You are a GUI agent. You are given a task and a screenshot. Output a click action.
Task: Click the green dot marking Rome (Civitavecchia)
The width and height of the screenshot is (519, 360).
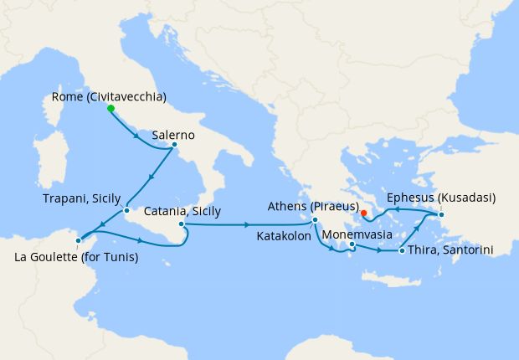pyautogui.click(x=110, y=108)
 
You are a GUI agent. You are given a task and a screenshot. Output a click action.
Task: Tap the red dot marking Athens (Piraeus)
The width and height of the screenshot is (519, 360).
pyautogui.click(x=363, y=213)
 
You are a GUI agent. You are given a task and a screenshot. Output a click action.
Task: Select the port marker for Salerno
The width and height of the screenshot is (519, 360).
pyautogui.click(x=174, y=144)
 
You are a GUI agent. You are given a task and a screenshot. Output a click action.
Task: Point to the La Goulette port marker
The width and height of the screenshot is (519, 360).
pyautogui.click(x=78, y=240)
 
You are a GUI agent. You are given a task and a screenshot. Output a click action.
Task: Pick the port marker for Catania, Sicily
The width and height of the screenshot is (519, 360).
pyautogui.click(x=181, y=224)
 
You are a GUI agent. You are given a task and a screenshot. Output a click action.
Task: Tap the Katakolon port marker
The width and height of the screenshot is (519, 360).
pyautogui.click(x=315, y=220)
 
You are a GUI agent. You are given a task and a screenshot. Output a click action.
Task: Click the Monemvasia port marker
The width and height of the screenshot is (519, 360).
pyautogui.click(x=352, y=244)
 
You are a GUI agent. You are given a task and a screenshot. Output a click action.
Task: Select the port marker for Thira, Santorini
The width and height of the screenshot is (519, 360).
pyautogui.click(x=403, y=250)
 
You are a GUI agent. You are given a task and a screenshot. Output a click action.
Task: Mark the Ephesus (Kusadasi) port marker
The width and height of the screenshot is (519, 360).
pyautogui.click(x=442, y=215)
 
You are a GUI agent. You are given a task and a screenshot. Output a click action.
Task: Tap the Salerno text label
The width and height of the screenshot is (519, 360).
pyautogui.click(x=173, y=134)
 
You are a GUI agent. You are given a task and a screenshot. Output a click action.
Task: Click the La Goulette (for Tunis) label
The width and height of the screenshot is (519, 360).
pyautogui.click(x=77, y=257)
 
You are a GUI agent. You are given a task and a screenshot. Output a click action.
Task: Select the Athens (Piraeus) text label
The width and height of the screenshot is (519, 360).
pyautogui.click(x=314, y=206)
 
